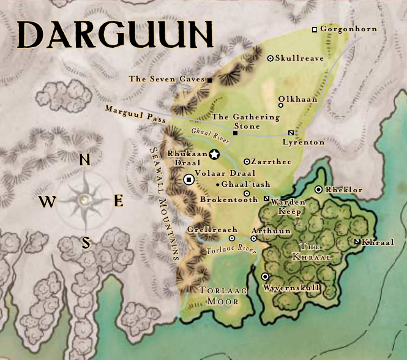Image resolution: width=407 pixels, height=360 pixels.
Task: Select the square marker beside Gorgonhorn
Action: [315, 29]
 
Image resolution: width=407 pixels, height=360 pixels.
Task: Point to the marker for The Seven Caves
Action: [209, 80]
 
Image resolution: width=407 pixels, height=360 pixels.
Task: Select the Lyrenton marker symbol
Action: [291, 133]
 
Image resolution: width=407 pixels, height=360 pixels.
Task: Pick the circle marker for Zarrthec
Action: [247, 162]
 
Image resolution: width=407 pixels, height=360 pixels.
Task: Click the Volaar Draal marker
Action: [189, 179]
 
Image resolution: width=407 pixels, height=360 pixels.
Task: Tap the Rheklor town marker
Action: [318, 190]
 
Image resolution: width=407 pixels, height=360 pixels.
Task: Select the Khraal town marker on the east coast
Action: [357, 242]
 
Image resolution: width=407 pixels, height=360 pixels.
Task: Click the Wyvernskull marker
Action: [265, 277]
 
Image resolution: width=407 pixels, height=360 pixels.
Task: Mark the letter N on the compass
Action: [85, 160]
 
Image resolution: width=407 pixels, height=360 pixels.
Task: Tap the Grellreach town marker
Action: [232, 238]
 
